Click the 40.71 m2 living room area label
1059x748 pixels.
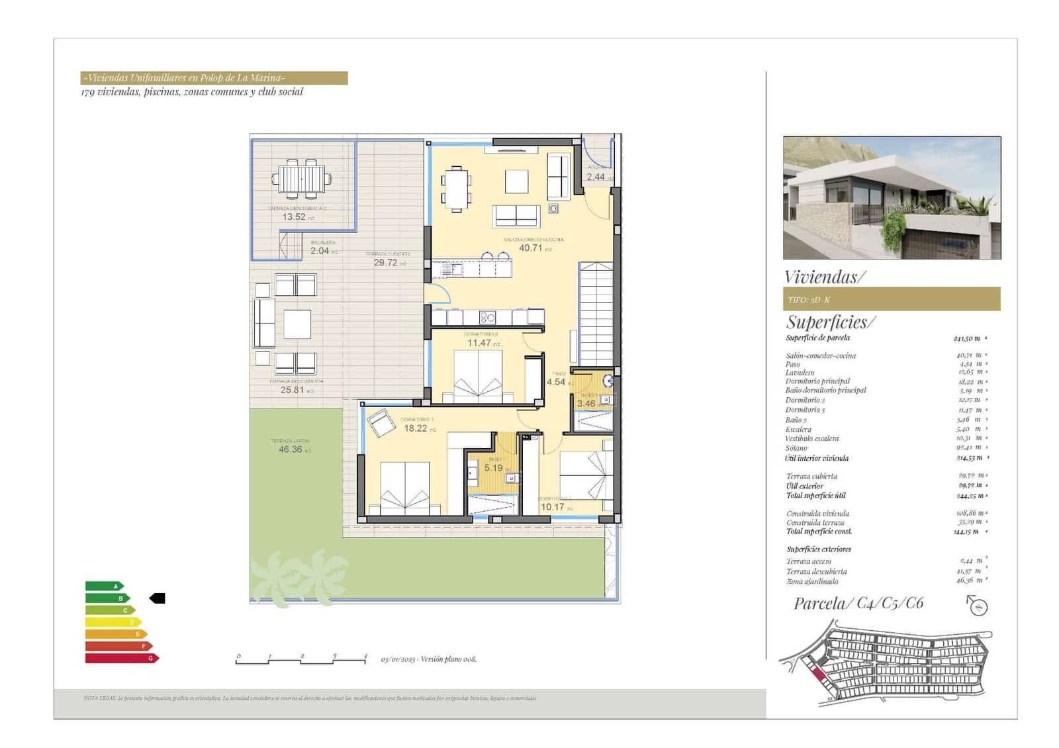coord(531,248)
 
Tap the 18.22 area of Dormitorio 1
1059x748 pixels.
coord(416,428)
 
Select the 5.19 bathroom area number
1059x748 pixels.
coord(494,468)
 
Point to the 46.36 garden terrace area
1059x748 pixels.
coord(291,449)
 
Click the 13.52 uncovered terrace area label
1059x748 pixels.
coord(294,216)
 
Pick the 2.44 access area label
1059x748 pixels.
coord(596,177)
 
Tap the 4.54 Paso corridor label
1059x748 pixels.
coord(556,382)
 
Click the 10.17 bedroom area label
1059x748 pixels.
coord(553,507)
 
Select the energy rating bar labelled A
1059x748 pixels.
coord(105,586)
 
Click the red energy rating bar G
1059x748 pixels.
coord(122,658)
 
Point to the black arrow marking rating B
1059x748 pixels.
coord(157,598)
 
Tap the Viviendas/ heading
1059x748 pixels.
coord(824,277)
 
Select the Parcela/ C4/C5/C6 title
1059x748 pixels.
coord(858,603)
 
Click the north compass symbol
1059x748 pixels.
coord(978,605)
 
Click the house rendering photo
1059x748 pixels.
coord(892,197)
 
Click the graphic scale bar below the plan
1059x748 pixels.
coord(301,659)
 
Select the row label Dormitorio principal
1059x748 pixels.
coord(817,381)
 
